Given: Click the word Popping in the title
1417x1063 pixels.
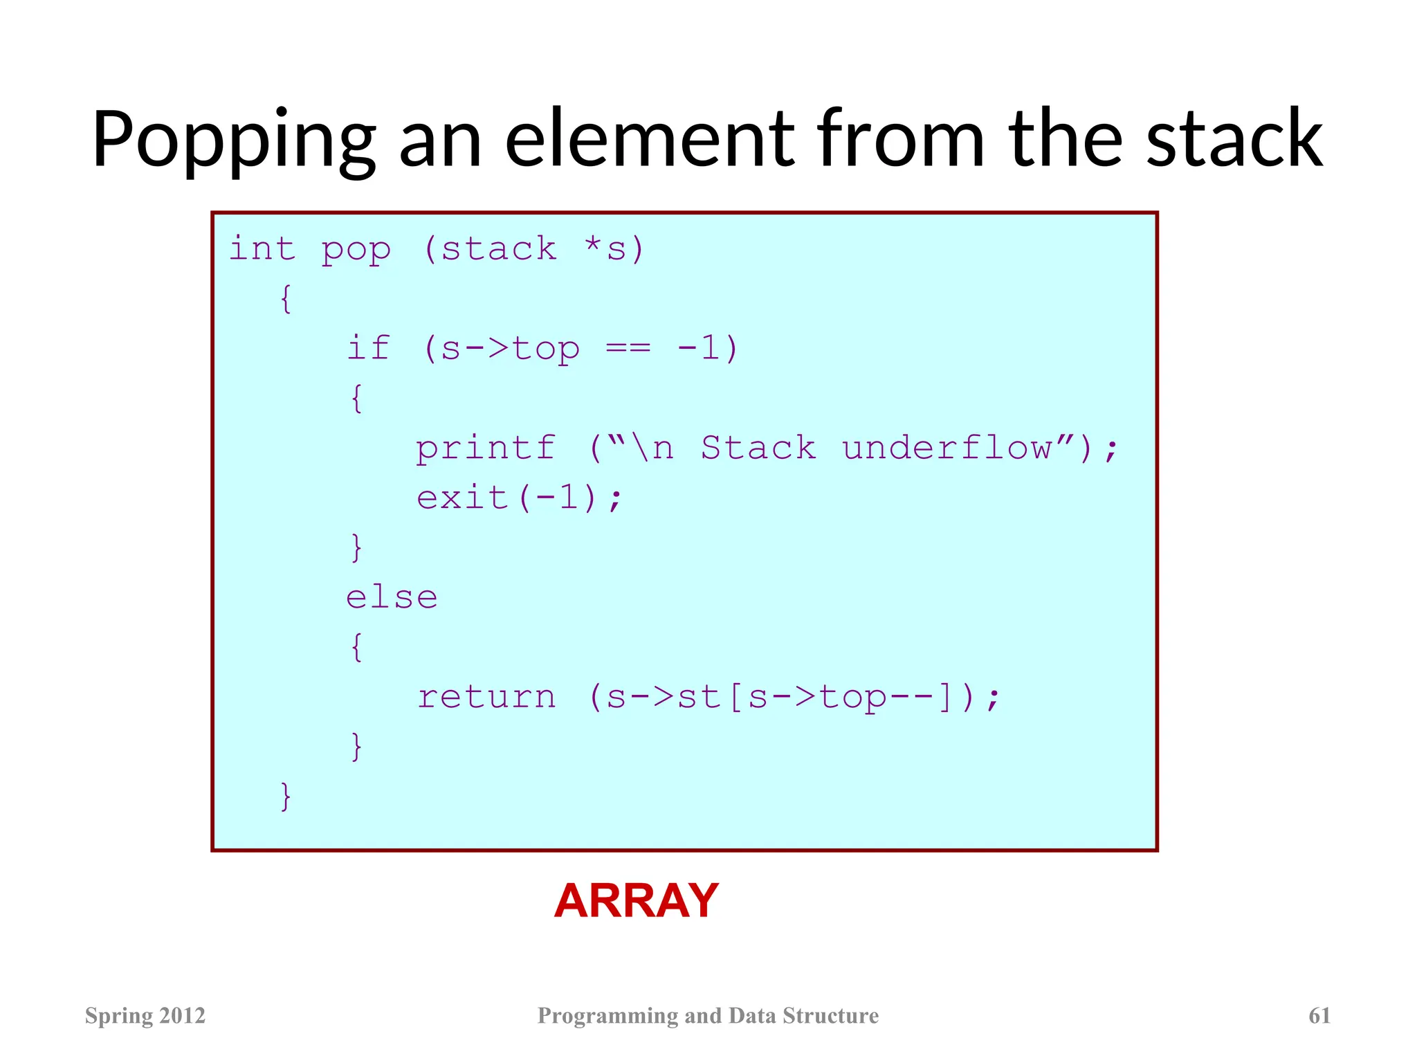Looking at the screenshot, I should pyautogui.click(x=234, y=141).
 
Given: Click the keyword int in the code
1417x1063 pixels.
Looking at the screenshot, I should pyautogui.click(x=262, y=249).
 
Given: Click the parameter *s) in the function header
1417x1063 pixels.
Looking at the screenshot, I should pyautogui.click(x=614, y=249).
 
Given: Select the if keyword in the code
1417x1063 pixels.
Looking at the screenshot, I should pyautogui.click(x=368, y=348).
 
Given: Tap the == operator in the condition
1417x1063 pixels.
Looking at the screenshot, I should pyautogui.click(x=628, y=348).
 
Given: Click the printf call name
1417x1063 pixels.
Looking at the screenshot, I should pyautogui.click(x=486, y=448).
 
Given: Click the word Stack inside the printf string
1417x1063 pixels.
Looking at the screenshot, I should pyautogui.click(x=758, y=447).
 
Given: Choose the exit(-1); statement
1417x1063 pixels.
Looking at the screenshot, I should pyautogui.click(x=519, y=498).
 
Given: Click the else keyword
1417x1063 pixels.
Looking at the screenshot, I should pyautogui.click(x=392, y=597).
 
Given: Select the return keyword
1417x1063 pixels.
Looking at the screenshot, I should pyautogui.click(x=486, y=697).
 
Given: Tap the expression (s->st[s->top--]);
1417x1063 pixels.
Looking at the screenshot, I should pyautogui.click(x=794, y=697).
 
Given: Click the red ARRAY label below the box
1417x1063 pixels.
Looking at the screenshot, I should pyautogui.click(x=637, y=901).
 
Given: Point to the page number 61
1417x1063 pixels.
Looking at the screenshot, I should pyautogui.click(x=1319, y=1015).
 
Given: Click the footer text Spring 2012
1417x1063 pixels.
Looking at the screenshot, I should pyautogui.click(x=145, y=1015).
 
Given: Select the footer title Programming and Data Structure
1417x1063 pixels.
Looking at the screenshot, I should pyautogui.click(x=708, y=1015).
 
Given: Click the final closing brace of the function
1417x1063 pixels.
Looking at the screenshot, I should pyautogui.click(x=286, y=797).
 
